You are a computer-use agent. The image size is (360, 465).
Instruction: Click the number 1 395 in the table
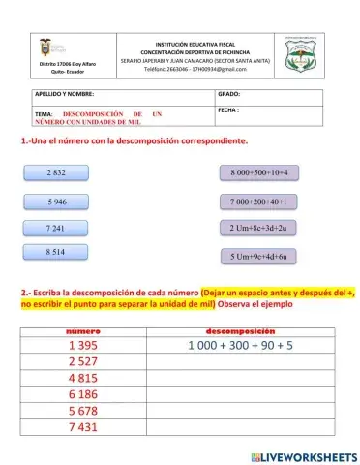point(83,346)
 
